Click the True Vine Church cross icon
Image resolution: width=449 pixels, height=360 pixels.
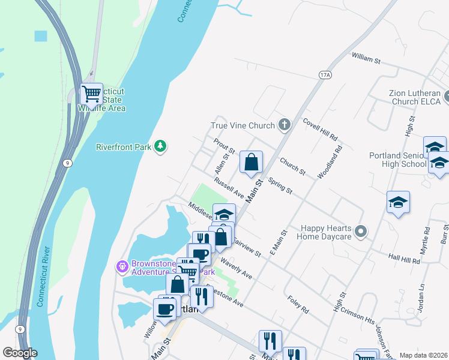coord(285,125)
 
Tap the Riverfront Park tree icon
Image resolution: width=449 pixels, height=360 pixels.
coord(160,146)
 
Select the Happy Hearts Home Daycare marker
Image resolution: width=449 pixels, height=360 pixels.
coord(361,231)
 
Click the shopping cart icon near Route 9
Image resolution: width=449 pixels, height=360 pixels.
coord(91,94)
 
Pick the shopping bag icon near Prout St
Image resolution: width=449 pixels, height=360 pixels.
coord(251,162)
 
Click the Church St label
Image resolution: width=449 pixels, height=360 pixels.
coord(293,163)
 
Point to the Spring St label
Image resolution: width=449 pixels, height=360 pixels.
coord(280,186)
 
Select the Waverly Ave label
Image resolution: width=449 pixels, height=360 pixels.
coord(236,268)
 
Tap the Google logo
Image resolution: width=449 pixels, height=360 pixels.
coord(20,353)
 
